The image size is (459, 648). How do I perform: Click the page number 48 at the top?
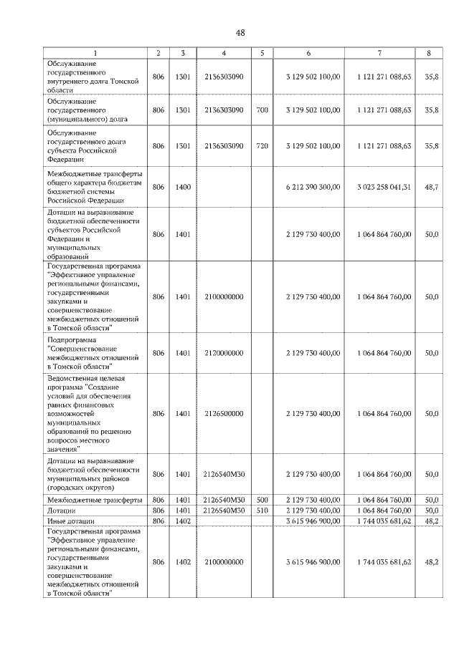coord(240,34)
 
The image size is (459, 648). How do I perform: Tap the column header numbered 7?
coord(379,54)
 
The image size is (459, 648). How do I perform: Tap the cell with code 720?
coord(262,146)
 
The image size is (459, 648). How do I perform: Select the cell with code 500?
coord(262,499)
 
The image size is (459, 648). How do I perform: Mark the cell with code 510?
coord(262,510)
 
